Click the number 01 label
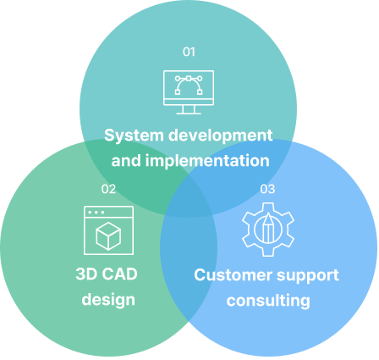pyautogui.click(x=189, y=52)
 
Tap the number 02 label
pyautogui.click(x=108, y=189)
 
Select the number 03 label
pyautogui.click(x=267, y=189)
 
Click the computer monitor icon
pyautogui.click(x=189, y=92)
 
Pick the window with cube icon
pyautogui.click(x=108, y=230)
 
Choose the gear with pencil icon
pyautogui.click(x=268, y=230)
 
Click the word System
pyautogui.click(x=134, y=136)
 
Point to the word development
pyautogui.click(x=221, y=136)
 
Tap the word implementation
pyautogui.click(x=207, y=161)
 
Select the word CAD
pyautogui.click(x=119, y=274)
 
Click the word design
pyautogui.click(x=108, y=300)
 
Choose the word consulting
pyautogui.click(x=268, y=301)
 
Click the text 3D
pyautogui.click(x=86, y=274)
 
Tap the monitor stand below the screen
pyautogui.click(x=189, y=110)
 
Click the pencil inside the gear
pyautogui.click(x=268, y=228)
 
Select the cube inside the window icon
pyautogui.click(x=108, y=236)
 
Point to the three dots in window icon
pyautogui.click(x=96, y=213)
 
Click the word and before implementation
pyautogui.click(x=126, y=161)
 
